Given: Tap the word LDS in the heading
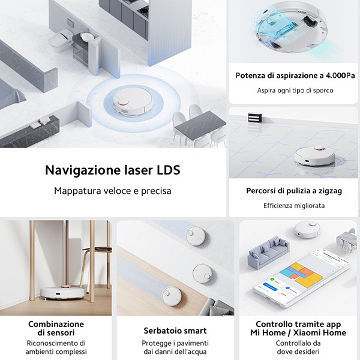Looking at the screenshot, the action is tap(168, 170).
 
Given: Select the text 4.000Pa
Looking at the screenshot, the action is tap(340, 76).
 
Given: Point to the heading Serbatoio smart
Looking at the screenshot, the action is tap(175, 331).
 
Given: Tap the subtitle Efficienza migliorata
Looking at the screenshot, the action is tap(294, 205).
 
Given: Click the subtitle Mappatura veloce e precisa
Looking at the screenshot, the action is tap(113, 191).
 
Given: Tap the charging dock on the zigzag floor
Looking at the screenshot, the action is tap(256, 118).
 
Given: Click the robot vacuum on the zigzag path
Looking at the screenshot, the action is tap(314, 155).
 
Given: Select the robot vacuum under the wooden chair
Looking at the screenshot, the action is tap(62, 292).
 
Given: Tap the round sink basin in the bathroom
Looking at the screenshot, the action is tap(86, 36).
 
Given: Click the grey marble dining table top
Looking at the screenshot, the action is tap(200, 124).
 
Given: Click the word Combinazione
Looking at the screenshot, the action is tap(56, 324).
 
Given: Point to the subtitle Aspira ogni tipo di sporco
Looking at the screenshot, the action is tap(295, 91).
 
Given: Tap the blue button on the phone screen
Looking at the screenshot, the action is tap(270, 287).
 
